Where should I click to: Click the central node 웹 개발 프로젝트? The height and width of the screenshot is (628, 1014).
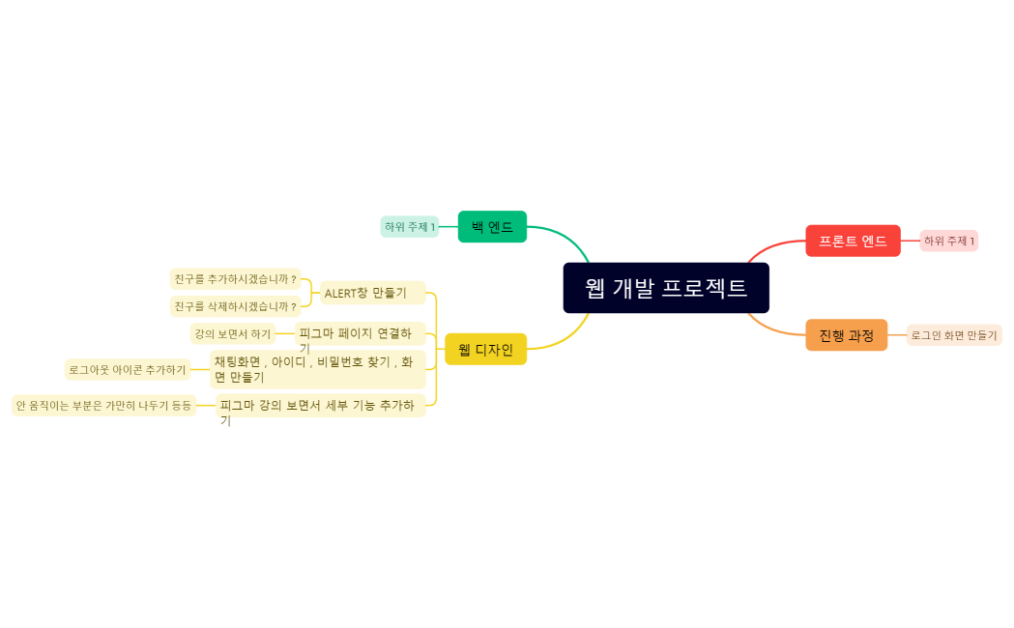[666, 288]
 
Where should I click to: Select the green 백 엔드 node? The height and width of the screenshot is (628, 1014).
[492, 227]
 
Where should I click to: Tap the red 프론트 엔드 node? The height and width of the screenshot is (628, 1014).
[853, 241]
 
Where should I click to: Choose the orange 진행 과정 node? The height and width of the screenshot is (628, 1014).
[846, 335]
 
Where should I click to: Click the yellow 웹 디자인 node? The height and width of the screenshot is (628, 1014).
[485, 349]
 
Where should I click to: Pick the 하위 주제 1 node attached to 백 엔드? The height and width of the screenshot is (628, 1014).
[410, 227]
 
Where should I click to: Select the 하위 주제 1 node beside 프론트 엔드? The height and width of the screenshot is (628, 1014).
[949, 241]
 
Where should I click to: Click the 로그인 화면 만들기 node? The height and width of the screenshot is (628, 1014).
[953, 335]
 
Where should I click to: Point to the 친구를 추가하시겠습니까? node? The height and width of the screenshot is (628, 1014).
[236, 279]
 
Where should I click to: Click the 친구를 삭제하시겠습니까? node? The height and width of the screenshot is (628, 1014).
[236, 306]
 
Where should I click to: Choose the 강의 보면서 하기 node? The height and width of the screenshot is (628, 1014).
[233, 334]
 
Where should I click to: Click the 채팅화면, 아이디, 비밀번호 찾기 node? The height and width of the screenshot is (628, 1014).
[317, 369]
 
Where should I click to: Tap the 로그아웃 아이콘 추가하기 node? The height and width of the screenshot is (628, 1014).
[127, 369]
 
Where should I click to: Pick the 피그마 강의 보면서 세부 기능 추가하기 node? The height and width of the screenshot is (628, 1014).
[320, 406]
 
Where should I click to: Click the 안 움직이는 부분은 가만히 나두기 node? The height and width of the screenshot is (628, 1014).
[103, 406]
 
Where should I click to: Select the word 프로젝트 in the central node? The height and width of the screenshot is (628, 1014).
[705, 288]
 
